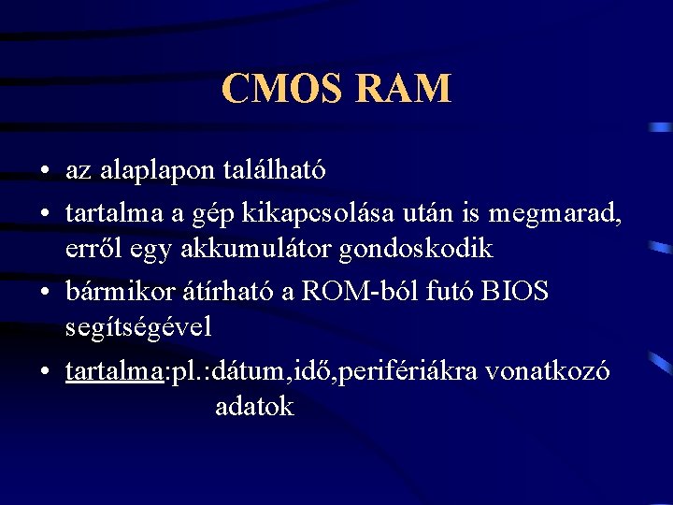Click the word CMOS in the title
click(x=276, y=89)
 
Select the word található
click(x=275, y=170)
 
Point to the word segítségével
click(x=139, y=329)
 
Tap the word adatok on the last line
click(x=254, y=407)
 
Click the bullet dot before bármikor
click(x=45, y=292)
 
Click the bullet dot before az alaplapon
click(x=45, y=172)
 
